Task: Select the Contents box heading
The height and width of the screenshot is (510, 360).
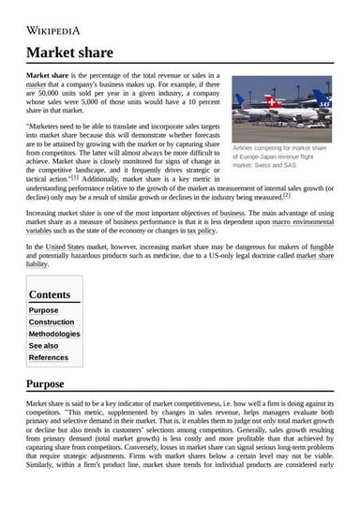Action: coord(50,294)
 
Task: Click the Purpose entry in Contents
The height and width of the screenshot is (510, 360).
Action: coord(43,310)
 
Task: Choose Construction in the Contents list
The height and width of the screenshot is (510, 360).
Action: coord(52,322)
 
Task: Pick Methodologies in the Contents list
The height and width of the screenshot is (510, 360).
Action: coord(54,334)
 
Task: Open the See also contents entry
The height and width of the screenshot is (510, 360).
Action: coord(43,345)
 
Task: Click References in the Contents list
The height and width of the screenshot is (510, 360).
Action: coord(49,357)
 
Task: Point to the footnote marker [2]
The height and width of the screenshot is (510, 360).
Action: coord(287,196)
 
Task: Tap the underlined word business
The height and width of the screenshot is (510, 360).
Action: coord(232,213)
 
